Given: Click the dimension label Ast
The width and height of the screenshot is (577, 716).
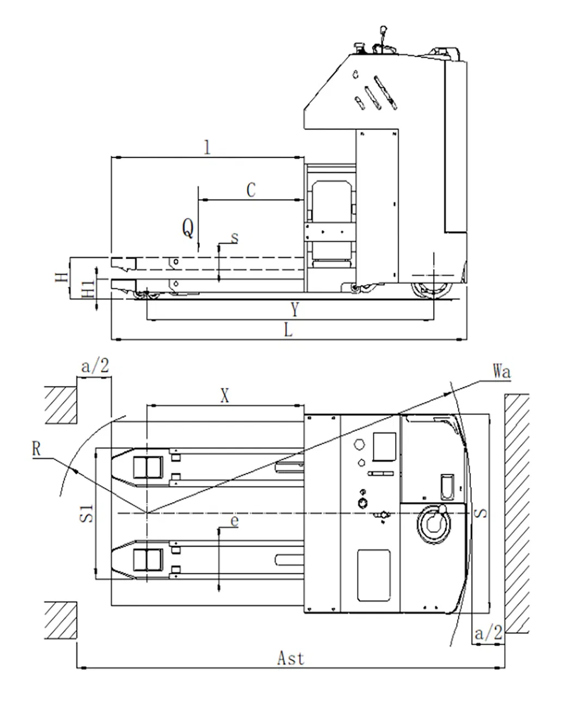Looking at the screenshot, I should tap(290, 658).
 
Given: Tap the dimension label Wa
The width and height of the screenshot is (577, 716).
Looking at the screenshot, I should tap(501, 372).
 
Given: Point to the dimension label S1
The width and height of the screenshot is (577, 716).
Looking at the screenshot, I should tap(87, 513).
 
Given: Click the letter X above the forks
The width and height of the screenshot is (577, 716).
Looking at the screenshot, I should tap(224, 396).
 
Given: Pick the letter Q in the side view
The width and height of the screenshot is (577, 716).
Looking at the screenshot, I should tap(188, 229).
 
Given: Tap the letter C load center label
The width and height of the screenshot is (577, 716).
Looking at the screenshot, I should tap(250, 191).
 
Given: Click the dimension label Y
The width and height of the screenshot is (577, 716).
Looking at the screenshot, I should tap(294, 310).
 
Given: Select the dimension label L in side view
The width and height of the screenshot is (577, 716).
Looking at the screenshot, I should tap(288, 329).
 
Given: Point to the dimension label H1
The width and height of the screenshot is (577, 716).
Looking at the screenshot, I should tap(88, 288).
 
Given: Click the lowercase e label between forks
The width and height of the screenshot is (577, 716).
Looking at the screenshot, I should tap(235, 521).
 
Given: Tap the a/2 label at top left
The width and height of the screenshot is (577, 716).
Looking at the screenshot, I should tap(95, 366).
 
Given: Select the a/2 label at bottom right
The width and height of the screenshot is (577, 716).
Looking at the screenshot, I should tap(488, 633).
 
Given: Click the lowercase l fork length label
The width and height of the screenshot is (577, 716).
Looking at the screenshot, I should tap(206, 147).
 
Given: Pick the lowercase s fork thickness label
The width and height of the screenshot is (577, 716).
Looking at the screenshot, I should tap(235, 237).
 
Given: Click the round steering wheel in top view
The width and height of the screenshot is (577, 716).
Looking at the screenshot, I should tap(434, 523).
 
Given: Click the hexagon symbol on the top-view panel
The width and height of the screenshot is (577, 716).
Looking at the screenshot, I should tap(359, 444).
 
